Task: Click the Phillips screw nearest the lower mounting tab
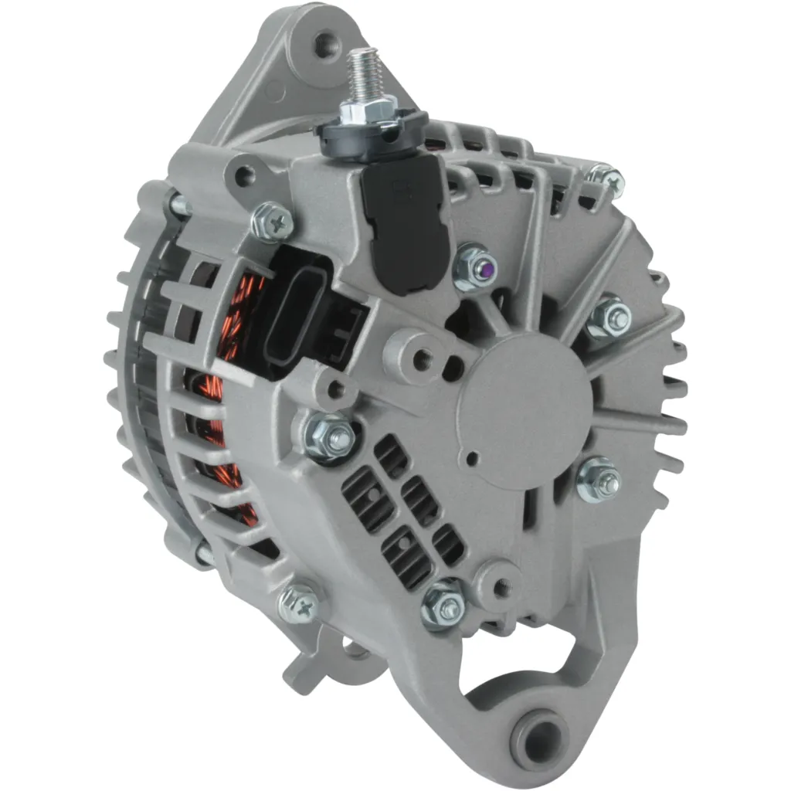[x=300, y=603]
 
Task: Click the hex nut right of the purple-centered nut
[x=609, y=317]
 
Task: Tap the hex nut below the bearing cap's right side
[x=599, y=479]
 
